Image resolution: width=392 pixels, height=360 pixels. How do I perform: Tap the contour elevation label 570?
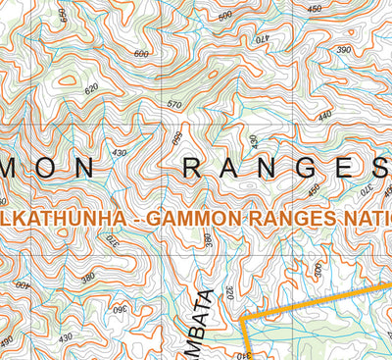[x=175, y=104]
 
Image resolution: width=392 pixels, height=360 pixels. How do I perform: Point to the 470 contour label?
[x=261, y=40]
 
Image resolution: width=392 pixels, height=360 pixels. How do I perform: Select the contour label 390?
[x=344, y=49]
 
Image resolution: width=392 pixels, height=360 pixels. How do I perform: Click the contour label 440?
[x=324, y=115]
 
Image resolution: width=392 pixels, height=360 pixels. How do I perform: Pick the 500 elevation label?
[x=226, y=16]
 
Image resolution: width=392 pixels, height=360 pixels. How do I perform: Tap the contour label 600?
[x=142, y=54]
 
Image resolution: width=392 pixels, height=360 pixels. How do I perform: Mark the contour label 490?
[x=8, y=340]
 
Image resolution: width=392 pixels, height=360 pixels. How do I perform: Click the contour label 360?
[x=121, y=311]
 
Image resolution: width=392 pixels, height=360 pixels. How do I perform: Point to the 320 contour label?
[x=228, y=292]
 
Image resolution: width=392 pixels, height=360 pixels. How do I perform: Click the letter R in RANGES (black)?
[x=192, y=169]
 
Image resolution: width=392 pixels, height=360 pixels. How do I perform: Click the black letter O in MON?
[x=46, y=169]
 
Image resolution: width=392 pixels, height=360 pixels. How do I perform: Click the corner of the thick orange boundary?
[x=242, y=318]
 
